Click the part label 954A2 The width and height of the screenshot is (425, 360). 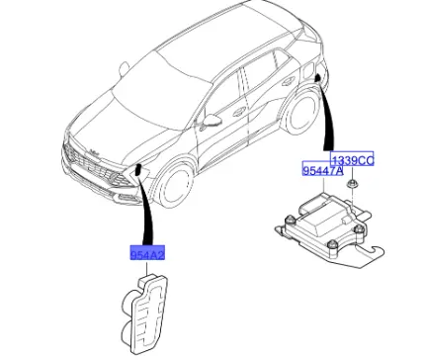point(147,253)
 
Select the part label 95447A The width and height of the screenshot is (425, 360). point(323,170)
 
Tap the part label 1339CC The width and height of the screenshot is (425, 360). point(352,160)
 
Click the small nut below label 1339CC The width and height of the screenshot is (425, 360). point(353,183)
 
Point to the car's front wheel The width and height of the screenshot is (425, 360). point(175,186)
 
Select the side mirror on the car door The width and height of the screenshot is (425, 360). point(212,121)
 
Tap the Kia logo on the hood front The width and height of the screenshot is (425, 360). point(94,152)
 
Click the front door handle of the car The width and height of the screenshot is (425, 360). point(238,112)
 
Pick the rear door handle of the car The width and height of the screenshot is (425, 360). point(287,82)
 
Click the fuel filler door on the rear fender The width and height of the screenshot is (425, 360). point(308,70)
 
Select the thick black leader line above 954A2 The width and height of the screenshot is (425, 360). point(145,211)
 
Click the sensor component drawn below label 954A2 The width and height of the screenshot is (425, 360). point(145,312)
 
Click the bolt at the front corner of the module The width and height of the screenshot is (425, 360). point(333,244)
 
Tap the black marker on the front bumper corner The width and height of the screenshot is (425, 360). point(138,169)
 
